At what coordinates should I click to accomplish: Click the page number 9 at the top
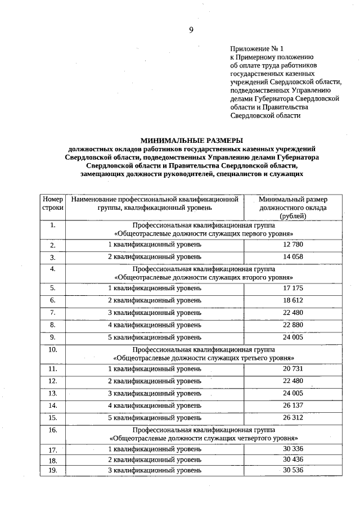191,30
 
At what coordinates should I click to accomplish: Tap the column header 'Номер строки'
52,203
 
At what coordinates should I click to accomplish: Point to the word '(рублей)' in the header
293,215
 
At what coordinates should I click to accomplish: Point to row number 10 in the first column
52,349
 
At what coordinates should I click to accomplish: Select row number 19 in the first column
52,470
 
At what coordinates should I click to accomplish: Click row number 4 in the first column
52,269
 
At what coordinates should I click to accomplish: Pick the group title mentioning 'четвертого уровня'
203,437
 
